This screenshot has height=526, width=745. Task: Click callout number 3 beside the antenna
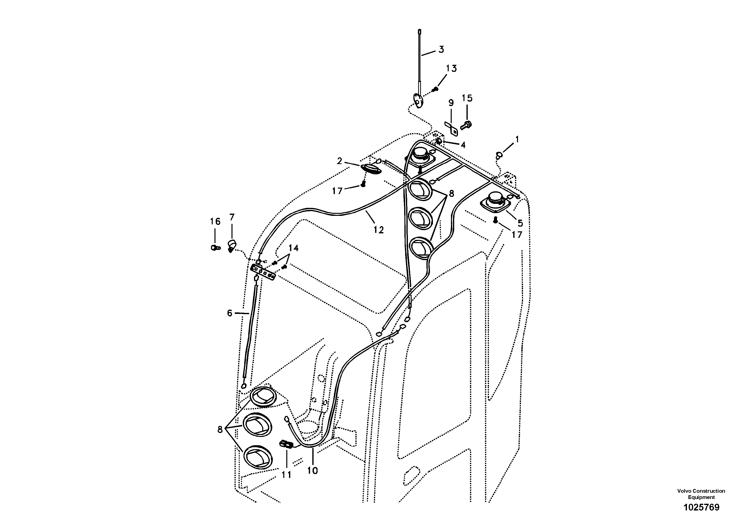(441, 50)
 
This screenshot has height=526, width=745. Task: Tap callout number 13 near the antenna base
(451, 69)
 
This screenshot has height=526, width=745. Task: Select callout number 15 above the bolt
(467, 98)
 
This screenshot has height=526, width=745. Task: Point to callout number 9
(451, 103)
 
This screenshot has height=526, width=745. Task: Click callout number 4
(463, 145)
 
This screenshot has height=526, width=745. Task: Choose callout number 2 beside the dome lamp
(339, 161)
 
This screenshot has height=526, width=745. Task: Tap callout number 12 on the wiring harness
(379, 230)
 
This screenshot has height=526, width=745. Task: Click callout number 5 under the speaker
(520, 223)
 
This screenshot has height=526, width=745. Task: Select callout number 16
(215, 222)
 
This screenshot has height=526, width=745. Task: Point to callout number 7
(232, 217)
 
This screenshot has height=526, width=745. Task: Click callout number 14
(293, 248)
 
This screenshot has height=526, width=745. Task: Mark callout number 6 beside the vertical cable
(230, 313)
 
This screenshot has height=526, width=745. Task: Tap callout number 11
(286, 475)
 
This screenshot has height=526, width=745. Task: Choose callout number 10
(313, 470)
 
